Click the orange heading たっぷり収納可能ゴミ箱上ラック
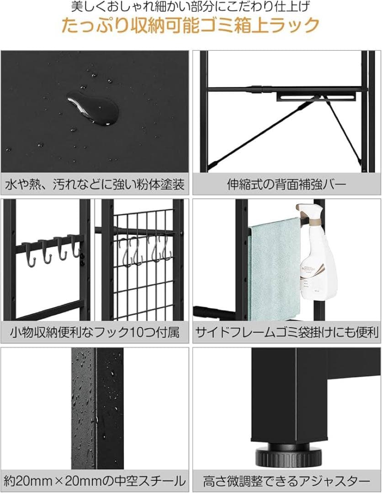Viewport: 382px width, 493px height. (191, 25)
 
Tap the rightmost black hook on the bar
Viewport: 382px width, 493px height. (74, 249)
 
